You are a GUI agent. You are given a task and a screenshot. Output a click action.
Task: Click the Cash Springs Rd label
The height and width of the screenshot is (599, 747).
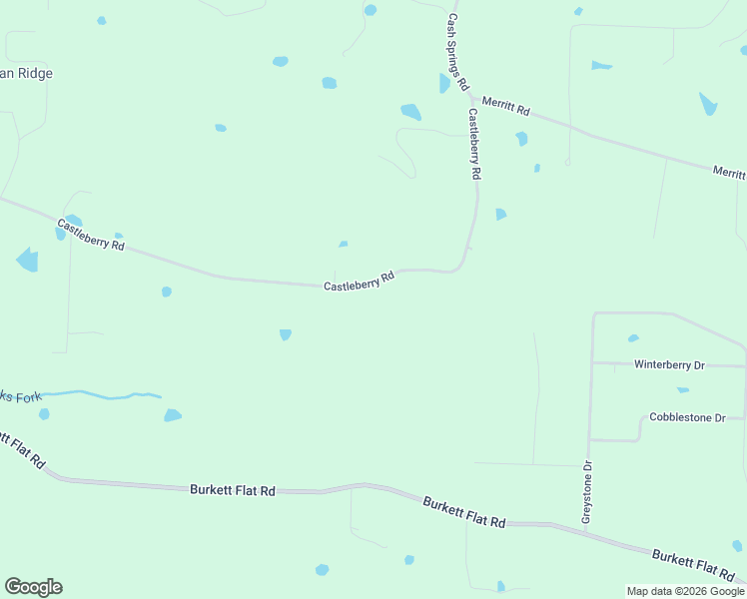point(457,52)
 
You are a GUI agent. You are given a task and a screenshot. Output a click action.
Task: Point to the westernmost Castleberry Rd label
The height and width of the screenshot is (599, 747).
point(91,234)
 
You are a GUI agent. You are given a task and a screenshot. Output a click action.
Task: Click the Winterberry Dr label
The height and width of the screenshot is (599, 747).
point(669,365)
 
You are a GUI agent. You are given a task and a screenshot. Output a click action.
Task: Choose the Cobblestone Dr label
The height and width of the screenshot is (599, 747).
point(687,417)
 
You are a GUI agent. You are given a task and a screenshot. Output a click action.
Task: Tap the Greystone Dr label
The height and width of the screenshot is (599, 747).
point(587,492)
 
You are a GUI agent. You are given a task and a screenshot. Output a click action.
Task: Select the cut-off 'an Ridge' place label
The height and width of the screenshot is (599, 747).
point(26,73)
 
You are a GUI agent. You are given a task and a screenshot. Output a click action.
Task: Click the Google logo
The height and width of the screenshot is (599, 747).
point(33,587)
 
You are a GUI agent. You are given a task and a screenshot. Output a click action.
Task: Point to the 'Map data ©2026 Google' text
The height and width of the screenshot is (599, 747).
point(685,591)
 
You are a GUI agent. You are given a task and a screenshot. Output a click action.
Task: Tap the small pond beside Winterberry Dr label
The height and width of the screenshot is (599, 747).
point(633,338)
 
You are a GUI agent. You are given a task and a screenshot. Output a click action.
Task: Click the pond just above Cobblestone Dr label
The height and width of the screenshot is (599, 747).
point(683,390)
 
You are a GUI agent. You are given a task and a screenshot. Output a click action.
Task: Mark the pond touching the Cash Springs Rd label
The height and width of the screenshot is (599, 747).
point(444,83)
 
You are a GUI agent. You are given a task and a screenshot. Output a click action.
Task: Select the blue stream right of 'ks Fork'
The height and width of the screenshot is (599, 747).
point(100,395)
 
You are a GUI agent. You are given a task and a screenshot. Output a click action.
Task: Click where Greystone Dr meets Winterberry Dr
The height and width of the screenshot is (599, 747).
point(593,363)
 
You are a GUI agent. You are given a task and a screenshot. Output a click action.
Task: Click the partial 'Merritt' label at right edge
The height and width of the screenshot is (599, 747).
point(729,173)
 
